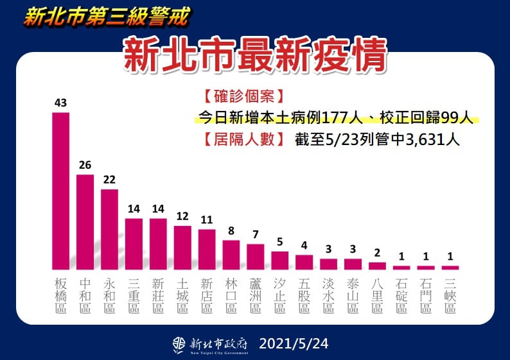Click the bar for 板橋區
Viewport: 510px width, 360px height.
click(x=60, y=191)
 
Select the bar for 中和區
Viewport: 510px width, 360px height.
click(x=85, y=221)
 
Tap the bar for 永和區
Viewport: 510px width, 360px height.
click(x=109, y=229)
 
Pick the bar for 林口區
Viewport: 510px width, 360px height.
click(x=231, y=255)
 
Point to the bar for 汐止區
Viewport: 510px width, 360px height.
click(x=280, y=260)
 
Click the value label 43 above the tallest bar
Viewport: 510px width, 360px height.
click(x=61, y=103)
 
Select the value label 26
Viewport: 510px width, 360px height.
click(x=85, y=165)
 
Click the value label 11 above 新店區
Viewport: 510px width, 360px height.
click(x=207, y=220)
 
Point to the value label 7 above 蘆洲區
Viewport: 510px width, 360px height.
click(x=256, y=234)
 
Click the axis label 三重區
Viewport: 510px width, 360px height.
click(x=134, y=295)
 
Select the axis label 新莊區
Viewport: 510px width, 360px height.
click(x=158, y=295)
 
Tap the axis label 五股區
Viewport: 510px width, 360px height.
click(x=304, y=295)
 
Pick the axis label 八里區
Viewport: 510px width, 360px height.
click(x=378, y=295)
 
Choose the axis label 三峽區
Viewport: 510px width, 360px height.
click(x=450, y=295)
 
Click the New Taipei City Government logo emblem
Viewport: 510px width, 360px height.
click(x=179, y=345)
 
